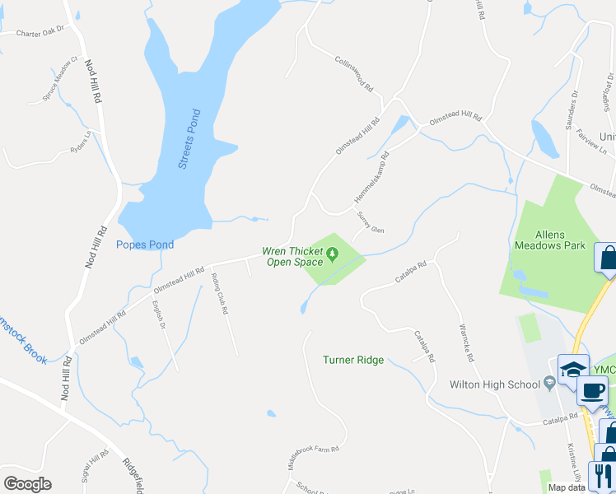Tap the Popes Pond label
click(x=145, y=245)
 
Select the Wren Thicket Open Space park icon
click(x=333, y=252)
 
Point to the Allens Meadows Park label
click(x=549, y=240)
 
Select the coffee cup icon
click(x=591, y=390)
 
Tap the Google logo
click(x=27, y=484)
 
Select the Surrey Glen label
click(x=370, y=222)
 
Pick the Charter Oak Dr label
click(x=40, y=33)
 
